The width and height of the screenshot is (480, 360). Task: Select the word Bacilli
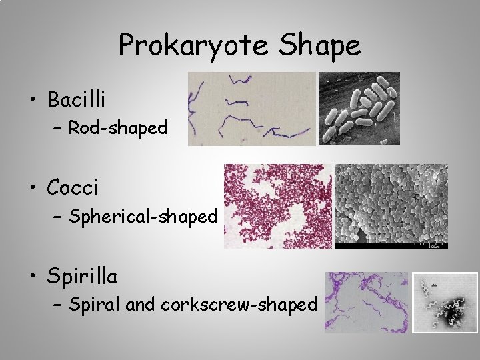[x=76, y=100]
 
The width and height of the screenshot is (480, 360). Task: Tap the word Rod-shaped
[x=118, y=127]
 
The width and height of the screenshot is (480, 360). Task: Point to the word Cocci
[x=72, y=188]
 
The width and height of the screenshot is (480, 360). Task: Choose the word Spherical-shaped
[x=143, y=216]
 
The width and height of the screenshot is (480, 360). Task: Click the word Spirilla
[x=82, y=276]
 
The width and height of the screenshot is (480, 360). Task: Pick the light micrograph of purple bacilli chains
[x=251, y=109]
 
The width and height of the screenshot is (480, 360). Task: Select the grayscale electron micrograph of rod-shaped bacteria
[x=359, y=109]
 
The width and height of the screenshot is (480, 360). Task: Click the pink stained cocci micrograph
[x=277, y=206]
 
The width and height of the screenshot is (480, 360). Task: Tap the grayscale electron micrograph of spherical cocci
[x=391, y=206]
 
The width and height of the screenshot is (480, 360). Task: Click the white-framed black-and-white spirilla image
[x=445, y=302]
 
